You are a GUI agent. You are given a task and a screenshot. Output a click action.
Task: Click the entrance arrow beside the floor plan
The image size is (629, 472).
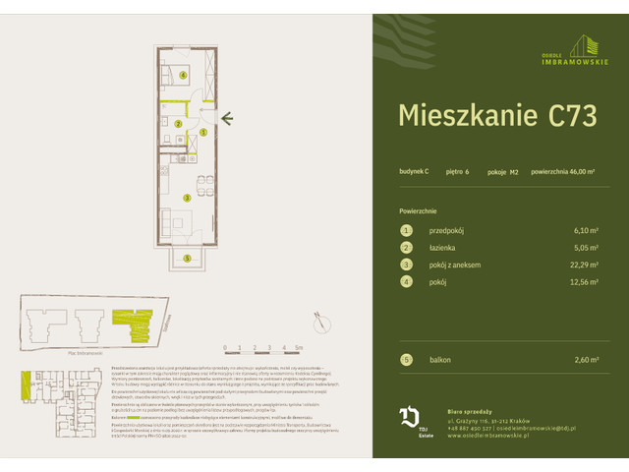coord(227,120)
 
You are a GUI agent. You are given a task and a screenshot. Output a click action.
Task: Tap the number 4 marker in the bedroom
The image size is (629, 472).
coord(183,74)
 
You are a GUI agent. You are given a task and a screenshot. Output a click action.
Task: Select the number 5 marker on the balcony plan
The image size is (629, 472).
coord(183,258)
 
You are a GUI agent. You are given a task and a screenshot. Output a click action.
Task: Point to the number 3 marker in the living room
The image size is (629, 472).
coord(188,197)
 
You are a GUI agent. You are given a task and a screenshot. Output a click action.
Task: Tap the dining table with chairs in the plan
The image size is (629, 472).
coord(200,184)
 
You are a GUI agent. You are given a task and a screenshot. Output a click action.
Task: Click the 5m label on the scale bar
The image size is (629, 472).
coord(298,348)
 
